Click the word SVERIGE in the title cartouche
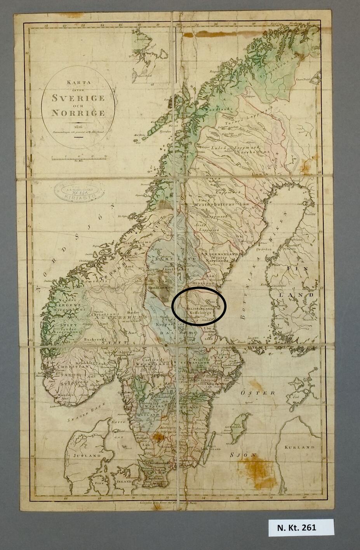78,98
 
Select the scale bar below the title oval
79,158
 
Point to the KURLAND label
299,447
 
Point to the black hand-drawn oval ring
198,306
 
